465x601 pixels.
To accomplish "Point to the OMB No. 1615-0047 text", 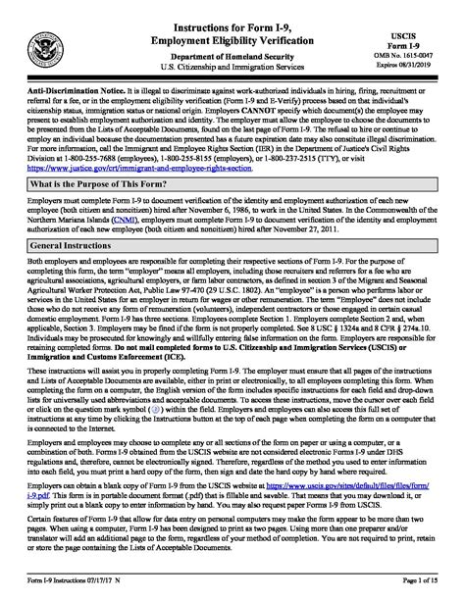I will pos(425,45).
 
